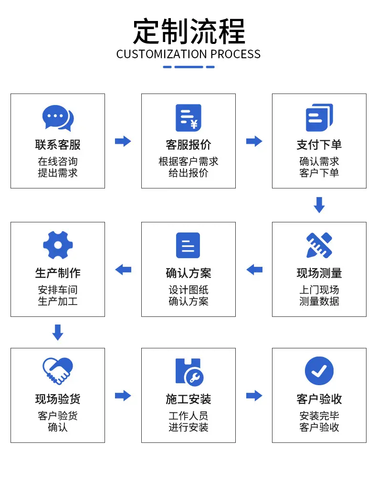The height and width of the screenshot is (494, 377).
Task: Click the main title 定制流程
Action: point(188,32)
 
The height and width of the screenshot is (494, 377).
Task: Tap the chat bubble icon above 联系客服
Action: point(58,118)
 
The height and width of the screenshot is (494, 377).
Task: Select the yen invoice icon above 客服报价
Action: point(188,118)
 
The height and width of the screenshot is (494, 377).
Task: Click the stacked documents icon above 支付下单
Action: point(319,117)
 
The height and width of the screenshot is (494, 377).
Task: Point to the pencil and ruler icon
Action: point(319,245)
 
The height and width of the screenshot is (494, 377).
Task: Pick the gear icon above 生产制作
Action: point(58,245)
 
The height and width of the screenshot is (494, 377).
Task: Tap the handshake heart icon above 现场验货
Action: point(58,371)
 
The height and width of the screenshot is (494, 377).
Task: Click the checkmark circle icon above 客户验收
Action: point(319,371)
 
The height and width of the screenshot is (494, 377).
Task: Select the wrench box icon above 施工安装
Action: point(189,372)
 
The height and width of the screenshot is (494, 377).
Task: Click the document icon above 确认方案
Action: point(188,245)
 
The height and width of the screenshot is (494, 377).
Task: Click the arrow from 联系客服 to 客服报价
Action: point(123,141)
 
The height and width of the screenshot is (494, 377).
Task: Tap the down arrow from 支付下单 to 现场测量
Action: point(319,205)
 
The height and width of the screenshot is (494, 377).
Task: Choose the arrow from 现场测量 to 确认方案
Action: point(254,270)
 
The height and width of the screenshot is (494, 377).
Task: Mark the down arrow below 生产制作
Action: point(58,332)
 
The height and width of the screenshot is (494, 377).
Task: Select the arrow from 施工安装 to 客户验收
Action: point(254,396)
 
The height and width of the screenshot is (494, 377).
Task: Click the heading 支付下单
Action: point(319,145)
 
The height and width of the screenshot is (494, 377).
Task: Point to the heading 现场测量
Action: point(319,273)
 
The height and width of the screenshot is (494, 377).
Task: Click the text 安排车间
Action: point(58,290)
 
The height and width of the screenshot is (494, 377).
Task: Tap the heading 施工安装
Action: point(188,399)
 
